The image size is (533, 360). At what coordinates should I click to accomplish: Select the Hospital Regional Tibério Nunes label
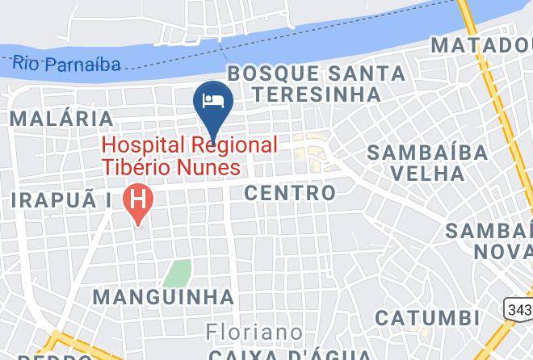click(190, 156)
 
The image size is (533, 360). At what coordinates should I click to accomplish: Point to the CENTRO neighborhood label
click(289, 193)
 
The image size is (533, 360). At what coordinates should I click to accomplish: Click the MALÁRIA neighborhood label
click(61, 119)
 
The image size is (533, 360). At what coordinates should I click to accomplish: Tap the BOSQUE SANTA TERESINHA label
click(316, 83)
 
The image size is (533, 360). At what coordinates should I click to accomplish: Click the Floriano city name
click(254, 332)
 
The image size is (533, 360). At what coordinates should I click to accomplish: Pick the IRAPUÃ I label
click(61, 199)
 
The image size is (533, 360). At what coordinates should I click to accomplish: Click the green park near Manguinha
click(177, 273)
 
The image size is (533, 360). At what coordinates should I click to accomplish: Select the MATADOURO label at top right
click(481, 44)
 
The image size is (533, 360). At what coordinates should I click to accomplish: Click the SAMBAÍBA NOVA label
click(489, 241)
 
